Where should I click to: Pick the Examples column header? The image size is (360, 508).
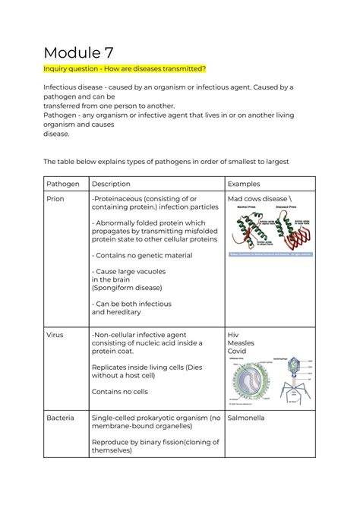(x=249, y=184)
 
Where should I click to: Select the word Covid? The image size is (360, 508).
(x=238, y=355)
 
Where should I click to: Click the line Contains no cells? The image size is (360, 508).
(x=122, y=393)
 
